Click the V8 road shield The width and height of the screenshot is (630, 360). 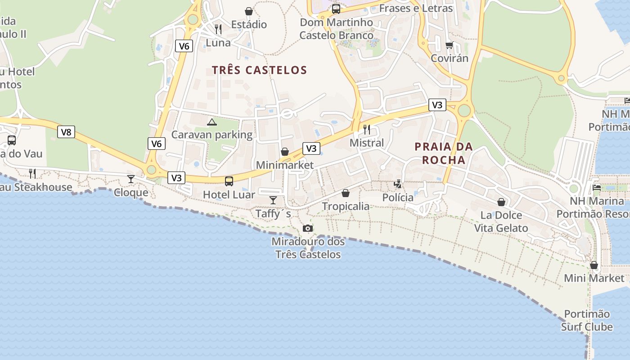tap(66, 132)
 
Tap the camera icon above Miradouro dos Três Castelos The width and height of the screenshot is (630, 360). tap(308, 229)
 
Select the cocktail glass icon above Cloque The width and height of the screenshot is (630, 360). tap(131, 179)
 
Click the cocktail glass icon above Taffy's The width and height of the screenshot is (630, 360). tap(273, 200)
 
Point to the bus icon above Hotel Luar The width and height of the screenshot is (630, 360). tap(229, 181)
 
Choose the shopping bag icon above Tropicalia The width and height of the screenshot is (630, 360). tap(346, 193)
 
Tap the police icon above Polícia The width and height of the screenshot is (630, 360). tap(398, 184)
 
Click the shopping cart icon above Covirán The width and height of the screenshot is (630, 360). tap(449, 45)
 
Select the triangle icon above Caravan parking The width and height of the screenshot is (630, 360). tap(211, 121)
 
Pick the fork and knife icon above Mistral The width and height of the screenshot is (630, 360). tap(367, 130)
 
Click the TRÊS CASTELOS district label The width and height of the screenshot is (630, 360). tap(259, 70)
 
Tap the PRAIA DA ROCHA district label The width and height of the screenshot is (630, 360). tap(444, 153)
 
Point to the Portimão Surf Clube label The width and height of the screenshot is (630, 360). tap(587, 320)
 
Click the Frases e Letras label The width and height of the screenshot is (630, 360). tap(416, 8)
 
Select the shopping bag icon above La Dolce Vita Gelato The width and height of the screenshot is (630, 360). tap(501, 202)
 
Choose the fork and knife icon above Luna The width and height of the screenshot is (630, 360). tap(218, 29)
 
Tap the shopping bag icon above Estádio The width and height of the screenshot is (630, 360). tap(249, 11)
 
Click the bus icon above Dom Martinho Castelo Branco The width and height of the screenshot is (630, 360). tap(336, 9)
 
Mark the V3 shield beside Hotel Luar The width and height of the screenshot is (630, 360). tap(176, 178)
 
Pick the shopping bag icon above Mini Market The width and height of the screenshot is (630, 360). tap(594, 265)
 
